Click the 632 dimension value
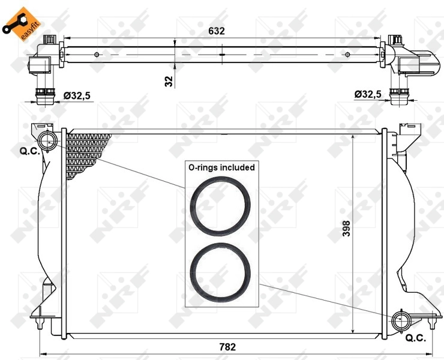[x=217, y=31]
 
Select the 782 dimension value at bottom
[x=227, y=347]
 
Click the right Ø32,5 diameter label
[x=368, y=94]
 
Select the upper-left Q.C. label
[x=30, y=151]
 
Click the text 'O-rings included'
[x=221, y=167]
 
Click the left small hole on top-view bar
[x=97, y=55]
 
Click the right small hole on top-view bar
[x=348, y=55]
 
